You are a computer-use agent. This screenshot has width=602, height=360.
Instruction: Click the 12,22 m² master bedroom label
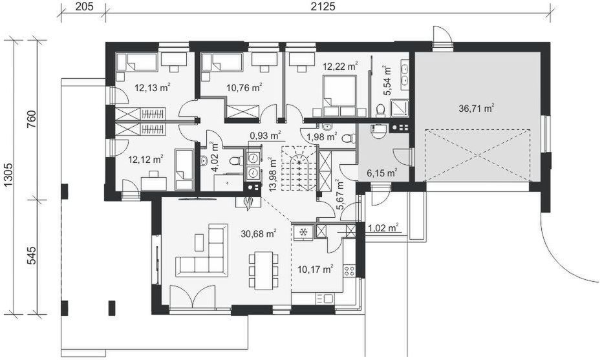click(x=340, y=66)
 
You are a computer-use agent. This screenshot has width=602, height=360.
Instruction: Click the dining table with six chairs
click(x=264, y=270)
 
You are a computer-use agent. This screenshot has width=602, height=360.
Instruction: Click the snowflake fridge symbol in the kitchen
click(x=302, y=231)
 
